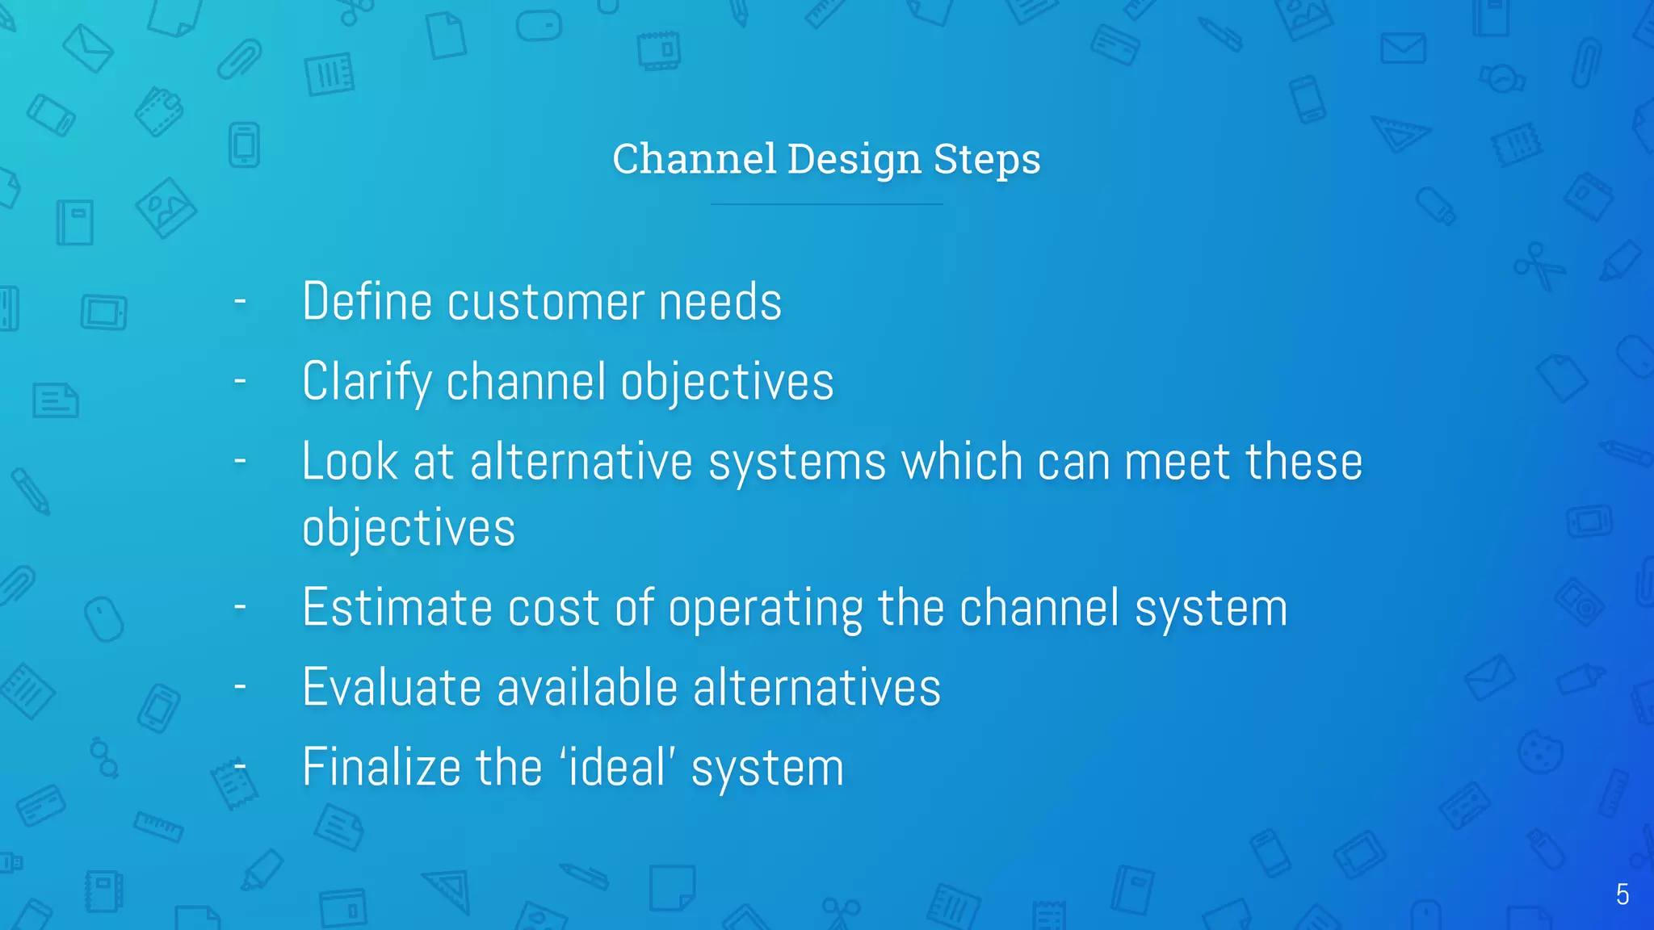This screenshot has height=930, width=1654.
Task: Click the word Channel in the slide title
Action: point(694,158)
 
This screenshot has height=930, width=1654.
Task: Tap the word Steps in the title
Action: point(987,160)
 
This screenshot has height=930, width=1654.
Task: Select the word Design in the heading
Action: point(854,160)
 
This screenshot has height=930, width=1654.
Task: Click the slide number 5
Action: point(1623,894)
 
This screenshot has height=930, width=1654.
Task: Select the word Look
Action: point(350,462)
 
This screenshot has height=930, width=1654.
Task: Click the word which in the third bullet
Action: point(962,462)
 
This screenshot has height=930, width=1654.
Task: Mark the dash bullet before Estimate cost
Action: point(240,607)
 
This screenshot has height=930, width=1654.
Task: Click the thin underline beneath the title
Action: point(826,204)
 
